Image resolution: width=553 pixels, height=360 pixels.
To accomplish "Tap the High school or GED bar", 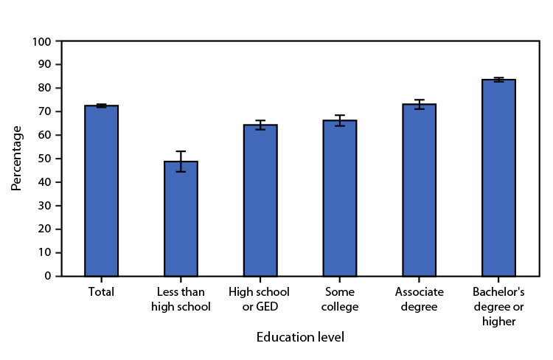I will point(260,200).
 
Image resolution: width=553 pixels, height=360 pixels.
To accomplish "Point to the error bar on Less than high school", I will point(181,161).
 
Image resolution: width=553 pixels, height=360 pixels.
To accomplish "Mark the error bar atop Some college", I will point(339,120).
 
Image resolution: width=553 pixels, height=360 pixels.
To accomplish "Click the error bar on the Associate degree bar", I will point(419,104).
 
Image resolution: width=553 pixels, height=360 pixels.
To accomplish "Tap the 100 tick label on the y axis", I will point(44,41).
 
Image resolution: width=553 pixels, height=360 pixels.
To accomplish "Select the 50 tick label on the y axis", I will point(46,159).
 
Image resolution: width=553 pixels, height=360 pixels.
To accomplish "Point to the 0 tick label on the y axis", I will point(49,276).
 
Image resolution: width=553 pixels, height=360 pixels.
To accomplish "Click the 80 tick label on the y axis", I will point(46,88).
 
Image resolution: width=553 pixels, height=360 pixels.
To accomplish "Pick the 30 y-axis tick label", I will point(46,206).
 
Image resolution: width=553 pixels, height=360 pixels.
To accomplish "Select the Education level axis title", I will point(300,338).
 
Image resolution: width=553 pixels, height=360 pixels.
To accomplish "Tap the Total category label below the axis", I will point(101,292).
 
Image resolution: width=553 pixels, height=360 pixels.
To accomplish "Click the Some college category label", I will point(339,299).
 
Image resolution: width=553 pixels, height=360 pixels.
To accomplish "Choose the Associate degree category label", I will point(419,299).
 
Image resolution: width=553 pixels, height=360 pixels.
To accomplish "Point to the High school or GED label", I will point(260,299).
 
